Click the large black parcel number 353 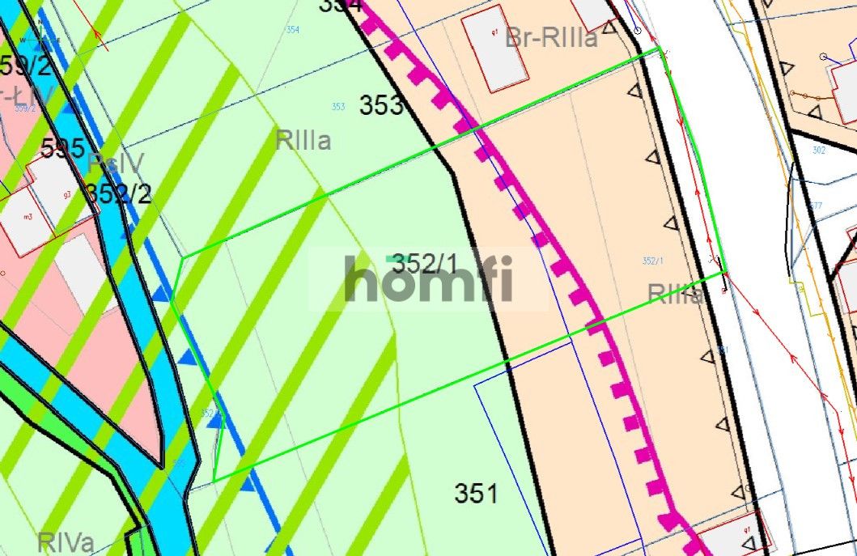click(380, 105)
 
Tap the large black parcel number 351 click(476, 493)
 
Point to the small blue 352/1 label click(652, 261)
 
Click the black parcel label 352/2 click(119, 194)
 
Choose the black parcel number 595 click(63, 148)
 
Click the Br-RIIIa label click(551, 37)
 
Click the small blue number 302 click(818, 150)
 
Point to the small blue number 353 click(338, 107)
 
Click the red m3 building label click(28, 216)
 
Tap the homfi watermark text click(428, 278)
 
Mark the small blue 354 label click(292, 30)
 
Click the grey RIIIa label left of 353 click(303, 141)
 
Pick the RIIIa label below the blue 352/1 click(675, 294)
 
